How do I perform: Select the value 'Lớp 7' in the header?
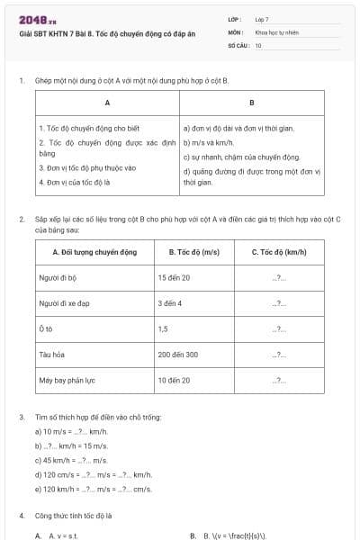tap(262, 18)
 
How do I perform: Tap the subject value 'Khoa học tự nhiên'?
tap(274, 31)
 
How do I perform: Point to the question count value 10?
tap(258, 43)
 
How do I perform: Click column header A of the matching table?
tap(107, 102)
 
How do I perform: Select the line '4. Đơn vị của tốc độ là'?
tap(74, 181)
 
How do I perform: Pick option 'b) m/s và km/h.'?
tap(209, 142)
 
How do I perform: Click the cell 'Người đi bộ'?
tap(58, 277)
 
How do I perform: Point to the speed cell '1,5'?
tap(163, 328)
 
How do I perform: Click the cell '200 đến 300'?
tap(177, 355)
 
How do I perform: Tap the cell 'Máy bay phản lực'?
tap(67, 380)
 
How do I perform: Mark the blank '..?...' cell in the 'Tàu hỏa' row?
tap(278, 355)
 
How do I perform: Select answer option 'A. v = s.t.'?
tap(59, 535)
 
